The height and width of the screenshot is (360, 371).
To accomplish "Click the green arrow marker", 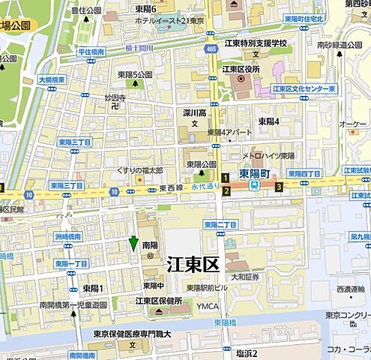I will tap(133, 243).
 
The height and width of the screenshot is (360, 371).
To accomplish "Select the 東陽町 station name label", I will tap(254, 172).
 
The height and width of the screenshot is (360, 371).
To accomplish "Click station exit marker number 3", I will tap(278, 187).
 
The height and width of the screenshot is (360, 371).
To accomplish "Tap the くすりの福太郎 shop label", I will tap(139, 169).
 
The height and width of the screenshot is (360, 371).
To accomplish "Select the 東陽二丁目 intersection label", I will tap(220, 224).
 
